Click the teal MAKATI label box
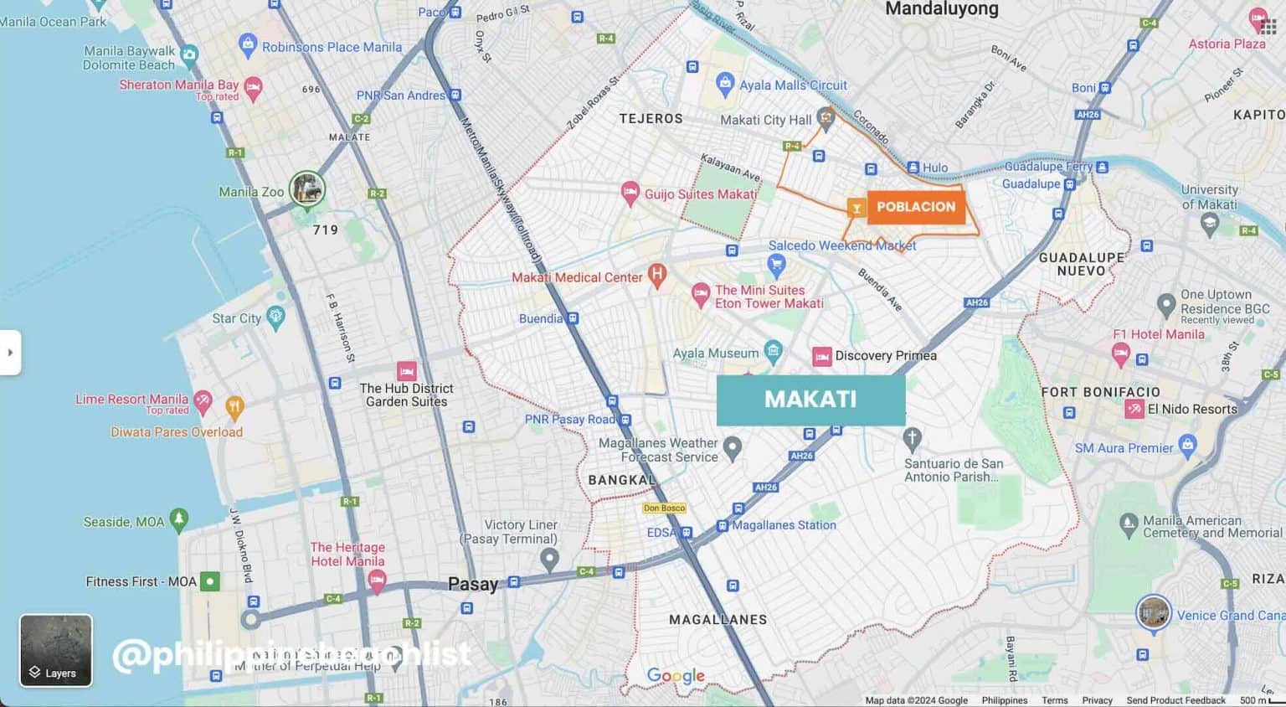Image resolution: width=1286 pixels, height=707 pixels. tap(810, 400)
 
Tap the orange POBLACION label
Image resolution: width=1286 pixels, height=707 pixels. tap(916, 207)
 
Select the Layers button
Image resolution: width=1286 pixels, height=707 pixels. tap(56, 651)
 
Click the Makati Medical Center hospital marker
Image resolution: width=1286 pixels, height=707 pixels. tap(657, 274)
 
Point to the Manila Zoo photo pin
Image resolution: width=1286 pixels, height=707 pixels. tap(307, 188)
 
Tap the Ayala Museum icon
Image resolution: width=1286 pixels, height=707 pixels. tap(774, 352)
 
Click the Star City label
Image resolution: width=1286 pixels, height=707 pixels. tap(236, 318)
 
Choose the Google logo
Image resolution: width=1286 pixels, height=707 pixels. tap(676, 676)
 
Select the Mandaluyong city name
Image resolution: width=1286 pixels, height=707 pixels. tap(942, 9)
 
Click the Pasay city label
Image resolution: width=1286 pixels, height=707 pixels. tap(473, 584)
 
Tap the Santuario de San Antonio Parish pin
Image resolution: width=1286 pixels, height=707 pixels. tap(913, 437)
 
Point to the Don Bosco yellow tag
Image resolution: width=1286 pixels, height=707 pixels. tap(664, 508)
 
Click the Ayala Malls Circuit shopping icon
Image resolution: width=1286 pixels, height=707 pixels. tap(725, 83)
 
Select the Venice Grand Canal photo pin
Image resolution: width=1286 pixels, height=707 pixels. tap(1154, 612)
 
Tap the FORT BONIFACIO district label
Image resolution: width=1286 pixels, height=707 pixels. tap(1100, 391)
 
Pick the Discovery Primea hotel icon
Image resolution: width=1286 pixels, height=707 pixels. tap(822, 357)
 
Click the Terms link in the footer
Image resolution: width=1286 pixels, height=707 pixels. tap(1054, 700)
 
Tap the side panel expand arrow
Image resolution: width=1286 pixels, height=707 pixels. tap(10, 353)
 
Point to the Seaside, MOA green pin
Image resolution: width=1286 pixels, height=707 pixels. tap(178, 519)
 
